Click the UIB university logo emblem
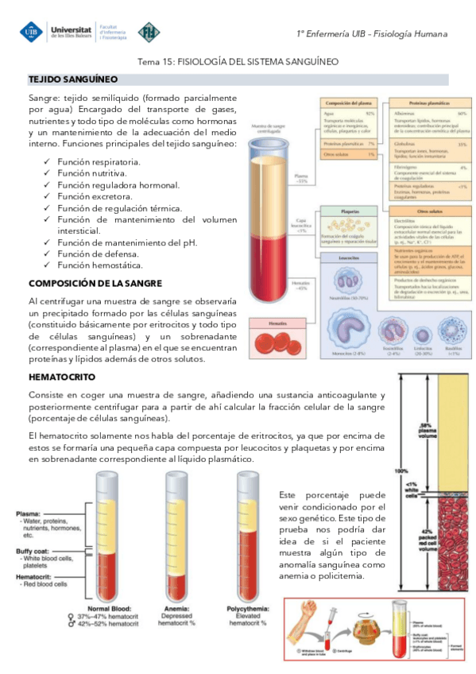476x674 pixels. click(x=33, y=33)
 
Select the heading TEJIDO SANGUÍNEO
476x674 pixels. click(x=73, y=79)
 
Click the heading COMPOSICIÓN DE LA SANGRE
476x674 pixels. click(x=95, y=283)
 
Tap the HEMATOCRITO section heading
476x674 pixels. click(x=62, y=377)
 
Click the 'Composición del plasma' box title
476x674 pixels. click(x=348, y=103)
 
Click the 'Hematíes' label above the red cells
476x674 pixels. click(x=267, y=323)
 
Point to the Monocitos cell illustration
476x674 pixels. click(x=347, y=327)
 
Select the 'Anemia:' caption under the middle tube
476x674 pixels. click(x=176, y=608)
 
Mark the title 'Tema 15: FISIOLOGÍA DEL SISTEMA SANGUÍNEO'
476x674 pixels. click(x=238, y=61)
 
